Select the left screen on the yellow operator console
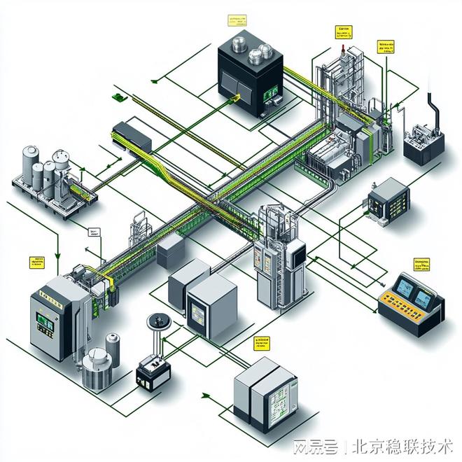405,286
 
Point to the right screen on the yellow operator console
423,299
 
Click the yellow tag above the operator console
422,265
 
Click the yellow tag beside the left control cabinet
36,262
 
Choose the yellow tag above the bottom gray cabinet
262,343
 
